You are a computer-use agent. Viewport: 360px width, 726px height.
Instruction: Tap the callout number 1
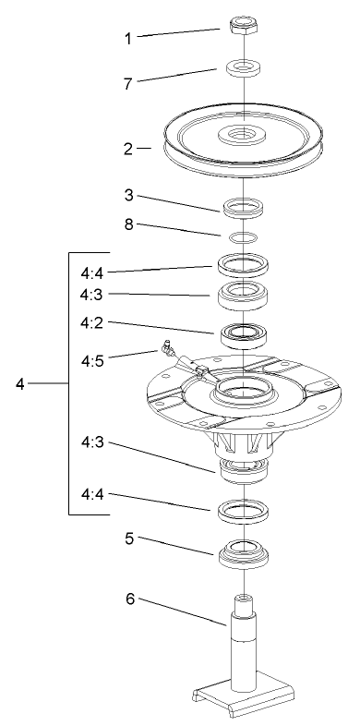[x=129, y=39]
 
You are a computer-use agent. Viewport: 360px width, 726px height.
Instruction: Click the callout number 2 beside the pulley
[x=128, y=147]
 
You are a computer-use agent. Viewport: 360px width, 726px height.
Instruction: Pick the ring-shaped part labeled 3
[x=241, y=204]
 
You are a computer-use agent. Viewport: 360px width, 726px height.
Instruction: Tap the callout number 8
[x=130, y=223]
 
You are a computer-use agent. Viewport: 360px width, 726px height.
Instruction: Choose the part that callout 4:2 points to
[x=241, y=333]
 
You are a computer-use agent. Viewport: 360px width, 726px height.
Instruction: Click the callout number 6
[x=130, y=599]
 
